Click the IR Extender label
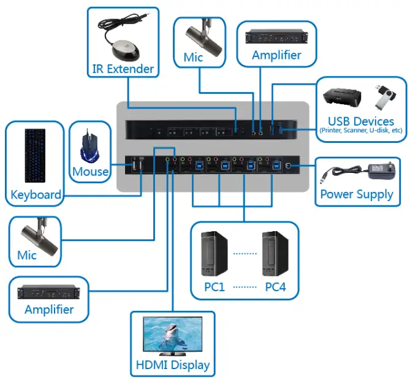123,69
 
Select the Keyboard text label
36,196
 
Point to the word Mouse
90,172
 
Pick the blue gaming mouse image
91,146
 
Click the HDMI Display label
172,366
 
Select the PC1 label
214,287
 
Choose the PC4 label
275,287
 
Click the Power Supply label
357,194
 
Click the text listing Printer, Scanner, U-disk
360,131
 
